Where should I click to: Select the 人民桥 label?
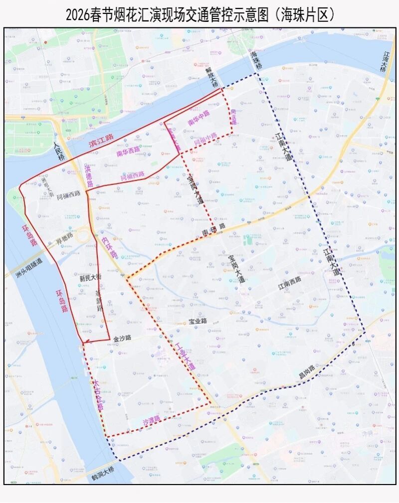click(x=59, y=151)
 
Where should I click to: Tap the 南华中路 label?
click(x=199, y=118)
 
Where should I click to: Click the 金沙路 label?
click(x=122, y=338)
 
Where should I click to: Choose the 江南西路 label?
click(x=289, y=280)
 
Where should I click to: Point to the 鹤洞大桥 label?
click(x=103, y=476)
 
